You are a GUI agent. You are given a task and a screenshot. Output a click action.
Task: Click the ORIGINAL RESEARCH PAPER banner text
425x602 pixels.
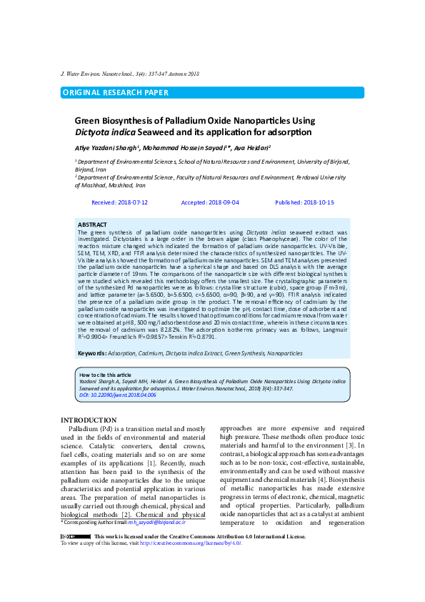click(x=116, y=92)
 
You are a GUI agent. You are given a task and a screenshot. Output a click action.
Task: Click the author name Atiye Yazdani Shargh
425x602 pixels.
click(x=106, y=147)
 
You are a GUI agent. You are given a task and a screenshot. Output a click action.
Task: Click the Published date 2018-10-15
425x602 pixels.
click(x=316, y=202)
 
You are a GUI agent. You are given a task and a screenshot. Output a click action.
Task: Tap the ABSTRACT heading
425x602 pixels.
click(x=92, y=224)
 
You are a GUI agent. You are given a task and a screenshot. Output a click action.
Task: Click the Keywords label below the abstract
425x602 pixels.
click(x=92, y=353)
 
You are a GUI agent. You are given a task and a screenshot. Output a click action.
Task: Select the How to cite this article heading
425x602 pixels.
click(x=105, y=375)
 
